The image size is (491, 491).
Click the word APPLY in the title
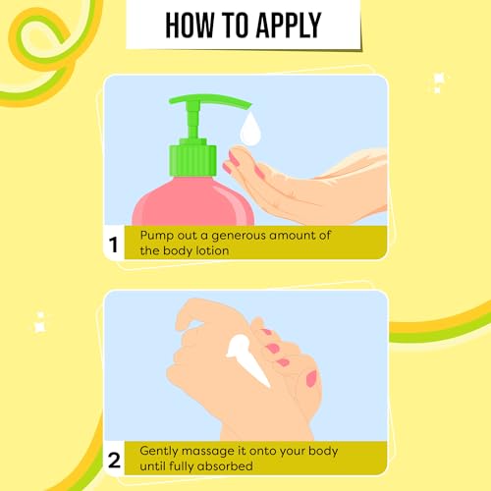coord(289,26)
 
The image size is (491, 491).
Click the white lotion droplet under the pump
coord(250,129)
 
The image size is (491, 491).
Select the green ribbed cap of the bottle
coord(192,158)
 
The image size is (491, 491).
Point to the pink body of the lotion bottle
coord(193,202)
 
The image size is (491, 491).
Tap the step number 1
coord(113,245)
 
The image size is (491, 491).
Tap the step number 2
coord(114,460)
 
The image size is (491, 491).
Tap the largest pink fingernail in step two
coord(311,378)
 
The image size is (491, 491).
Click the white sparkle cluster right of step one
coord(437,82)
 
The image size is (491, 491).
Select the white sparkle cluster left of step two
coord(40,322)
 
